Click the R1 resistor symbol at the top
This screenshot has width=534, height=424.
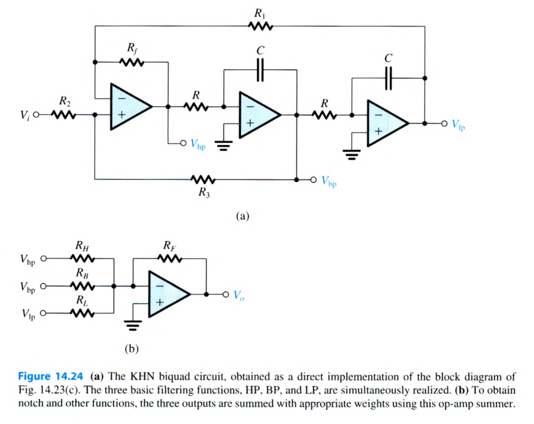tap(259, 26)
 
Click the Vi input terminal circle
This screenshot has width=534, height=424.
tap(36, 115)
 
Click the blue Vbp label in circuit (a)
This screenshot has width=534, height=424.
tap(329, 181)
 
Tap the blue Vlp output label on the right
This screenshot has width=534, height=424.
tap(458, 125)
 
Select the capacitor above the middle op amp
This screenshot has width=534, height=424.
tap(260, 69)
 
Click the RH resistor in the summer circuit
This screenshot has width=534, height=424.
tap(82, 258)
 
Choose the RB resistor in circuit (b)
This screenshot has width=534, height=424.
tap(82, 286)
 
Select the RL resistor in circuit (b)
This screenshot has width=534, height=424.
tap(82, 314)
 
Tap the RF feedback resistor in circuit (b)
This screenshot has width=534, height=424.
tap(171, 258)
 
